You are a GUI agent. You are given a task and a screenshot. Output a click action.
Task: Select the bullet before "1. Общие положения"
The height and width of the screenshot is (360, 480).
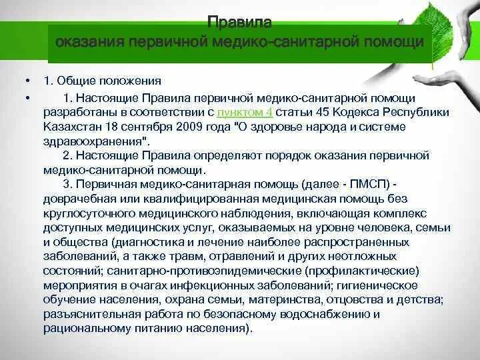pyautogui.click(x=27, y=81)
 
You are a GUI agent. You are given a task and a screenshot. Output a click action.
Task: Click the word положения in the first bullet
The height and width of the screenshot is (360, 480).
pyautogui.click(x=132, y=81)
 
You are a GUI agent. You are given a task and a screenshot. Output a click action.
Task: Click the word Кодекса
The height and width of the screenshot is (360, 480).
pyautogui.click(x=363, y=111)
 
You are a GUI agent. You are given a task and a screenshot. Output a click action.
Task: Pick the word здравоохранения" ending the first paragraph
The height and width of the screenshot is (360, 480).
pyautogui.click(x=96, y=141)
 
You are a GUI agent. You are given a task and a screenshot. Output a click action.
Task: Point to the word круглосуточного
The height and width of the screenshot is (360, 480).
pyautogui.click(x=87, y=213)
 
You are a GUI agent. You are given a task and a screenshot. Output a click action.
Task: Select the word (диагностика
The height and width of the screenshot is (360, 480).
pyautogui.click(x=147, y=243)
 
